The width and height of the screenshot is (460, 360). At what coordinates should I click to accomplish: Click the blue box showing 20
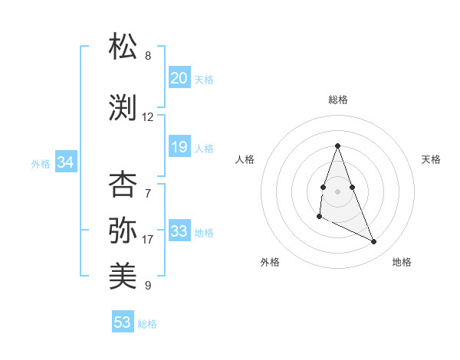(179, 78)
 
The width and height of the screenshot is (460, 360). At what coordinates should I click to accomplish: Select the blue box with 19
(179, 147)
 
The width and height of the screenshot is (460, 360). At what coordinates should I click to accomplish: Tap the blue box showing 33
(179, 231)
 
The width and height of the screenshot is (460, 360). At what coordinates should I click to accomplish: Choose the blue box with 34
(65, 162)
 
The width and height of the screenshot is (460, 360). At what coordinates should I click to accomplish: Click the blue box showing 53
(123, 322)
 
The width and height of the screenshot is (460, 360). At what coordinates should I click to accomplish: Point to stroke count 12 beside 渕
(148, 117)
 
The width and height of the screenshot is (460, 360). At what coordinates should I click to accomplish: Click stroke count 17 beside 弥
(148, 240)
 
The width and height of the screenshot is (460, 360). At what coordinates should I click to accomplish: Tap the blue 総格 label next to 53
(147, 324)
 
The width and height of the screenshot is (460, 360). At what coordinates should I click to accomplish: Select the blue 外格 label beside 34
(41, 163)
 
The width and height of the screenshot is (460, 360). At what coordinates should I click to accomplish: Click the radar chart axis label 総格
(338, 100)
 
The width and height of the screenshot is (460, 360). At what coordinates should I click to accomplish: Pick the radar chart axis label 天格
(432, 159)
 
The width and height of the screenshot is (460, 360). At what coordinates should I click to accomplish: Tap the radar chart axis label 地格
(402, 262)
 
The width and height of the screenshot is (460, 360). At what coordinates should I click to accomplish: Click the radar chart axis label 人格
(245, 159)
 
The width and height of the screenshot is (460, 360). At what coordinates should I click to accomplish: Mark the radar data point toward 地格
(374, 242)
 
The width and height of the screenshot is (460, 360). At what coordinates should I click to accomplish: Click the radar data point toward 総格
(337, 146)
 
